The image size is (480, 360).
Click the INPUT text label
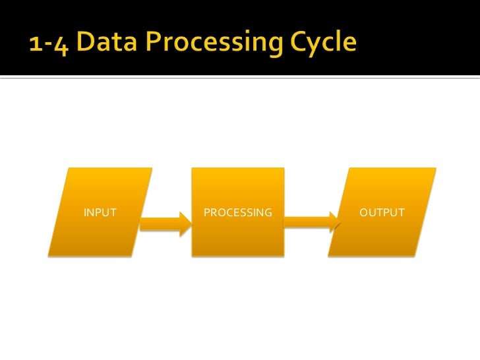tap(100, 213)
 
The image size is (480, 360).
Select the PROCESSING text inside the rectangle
tap(238, 213)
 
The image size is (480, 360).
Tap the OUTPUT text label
tap(382, 213)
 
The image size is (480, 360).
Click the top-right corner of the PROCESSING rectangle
tap(284, 168)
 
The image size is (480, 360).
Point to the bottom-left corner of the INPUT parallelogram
tap(49, 255)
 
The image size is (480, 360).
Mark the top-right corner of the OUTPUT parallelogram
tap(436, 168)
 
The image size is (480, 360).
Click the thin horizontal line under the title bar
tap(240, 79)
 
